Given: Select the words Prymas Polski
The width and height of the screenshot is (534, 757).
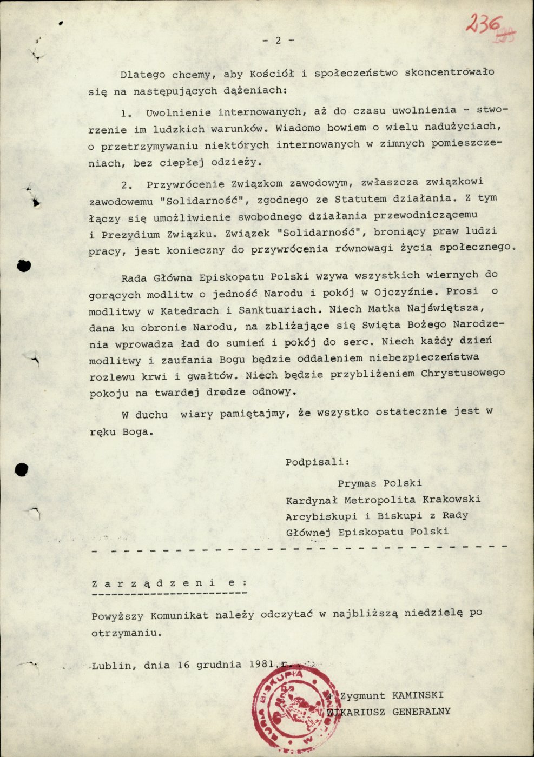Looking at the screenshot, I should (x=379, y=483).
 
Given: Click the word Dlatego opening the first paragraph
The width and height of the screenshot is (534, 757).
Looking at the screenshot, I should (x=143, y=74).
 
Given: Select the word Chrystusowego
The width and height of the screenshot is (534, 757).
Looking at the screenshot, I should (x=463, y=374).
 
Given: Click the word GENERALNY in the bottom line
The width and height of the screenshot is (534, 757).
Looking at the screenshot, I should (x=421, y=712).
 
